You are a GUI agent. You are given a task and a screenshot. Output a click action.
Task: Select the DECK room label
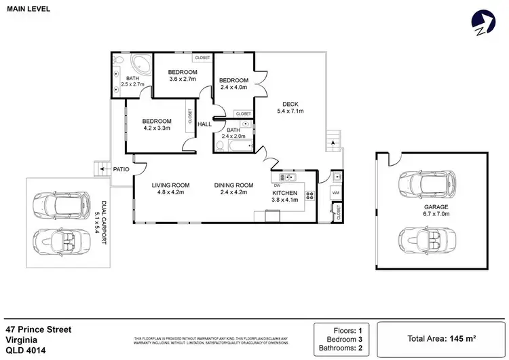click(290, 104)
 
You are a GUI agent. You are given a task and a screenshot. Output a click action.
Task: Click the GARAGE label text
click(436, 207)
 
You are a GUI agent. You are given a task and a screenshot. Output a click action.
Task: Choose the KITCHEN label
click(284, 193)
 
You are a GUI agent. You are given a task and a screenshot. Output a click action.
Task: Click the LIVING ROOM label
click(170, 185)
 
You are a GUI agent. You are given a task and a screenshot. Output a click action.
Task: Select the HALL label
click(204, 124)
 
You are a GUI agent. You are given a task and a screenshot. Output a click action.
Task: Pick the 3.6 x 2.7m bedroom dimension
click(183, 79)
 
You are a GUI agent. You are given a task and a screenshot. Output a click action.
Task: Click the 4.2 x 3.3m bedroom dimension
click(156, 128)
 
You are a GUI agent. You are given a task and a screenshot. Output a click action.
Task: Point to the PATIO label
click(121, 170)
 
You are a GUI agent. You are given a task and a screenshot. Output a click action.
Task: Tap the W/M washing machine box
click(335, 193)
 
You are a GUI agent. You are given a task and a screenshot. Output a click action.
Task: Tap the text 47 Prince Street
click(38, 329)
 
